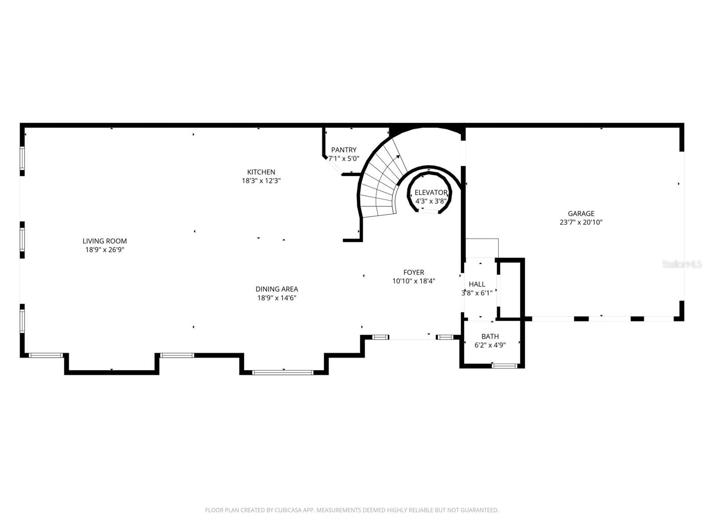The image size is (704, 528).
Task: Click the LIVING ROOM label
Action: click(x=105, y=241)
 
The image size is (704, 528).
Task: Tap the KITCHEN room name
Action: click(x=261, y=172)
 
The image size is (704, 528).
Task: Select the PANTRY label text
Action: click(x=344, y=150)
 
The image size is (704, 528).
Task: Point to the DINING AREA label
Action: click(x=277, y=289)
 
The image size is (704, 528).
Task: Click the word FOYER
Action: click(x=414, y=272)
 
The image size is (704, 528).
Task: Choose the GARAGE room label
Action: click(x=581, y=213)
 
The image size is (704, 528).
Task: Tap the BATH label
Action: click(x=490, y=336)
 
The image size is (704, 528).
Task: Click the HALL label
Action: click(x=477, y=284)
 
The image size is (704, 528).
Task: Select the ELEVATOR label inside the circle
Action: click(x=431, y=192)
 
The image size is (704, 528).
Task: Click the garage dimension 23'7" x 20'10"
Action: click(x=581, y=222)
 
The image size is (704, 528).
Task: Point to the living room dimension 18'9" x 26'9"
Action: click(x=105, y=250)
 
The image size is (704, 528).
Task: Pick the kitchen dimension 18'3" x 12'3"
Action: click(x=261, y=181)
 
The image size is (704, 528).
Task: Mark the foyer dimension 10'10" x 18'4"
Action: click(x=414, y=281)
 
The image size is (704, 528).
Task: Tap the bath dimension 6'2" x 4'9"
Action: click(x=490, y=345)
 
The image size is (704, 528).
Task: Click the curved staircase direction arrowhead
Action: click(x=398, y=157)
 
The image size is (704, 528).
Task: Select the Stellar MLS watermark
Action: click(x=682, y=264)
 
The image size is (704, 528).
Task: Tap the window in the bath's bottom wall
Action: click(x=505, y=366)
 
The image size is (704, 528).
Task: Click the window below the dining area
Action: click(x=282, y=373)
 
